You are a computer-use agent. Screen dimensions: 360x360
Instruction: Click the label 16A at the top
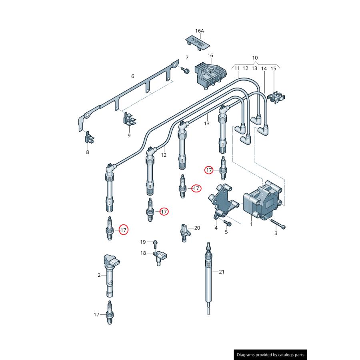tap(200, 31)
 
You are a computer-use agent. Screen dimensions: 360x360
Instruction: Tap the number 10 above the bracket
tap(255, 58)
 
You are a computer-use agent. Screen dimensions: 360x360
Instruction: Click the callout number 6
tap(132, 76)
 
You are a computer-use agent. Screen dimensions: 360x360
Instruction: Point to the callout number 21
tap(221, 272)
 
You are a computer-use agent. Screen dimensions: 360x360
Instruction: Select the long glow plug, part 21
tap(208, 276)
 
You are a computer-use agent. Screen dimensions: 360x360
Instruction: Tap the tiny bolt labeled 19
tap(156, 242)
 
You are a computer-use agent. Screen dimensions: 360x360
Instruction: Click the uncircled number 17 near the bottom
tap(96, 315)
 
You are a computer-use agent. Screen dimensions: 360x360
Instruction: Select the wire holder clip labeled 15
tap(276, 97)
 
